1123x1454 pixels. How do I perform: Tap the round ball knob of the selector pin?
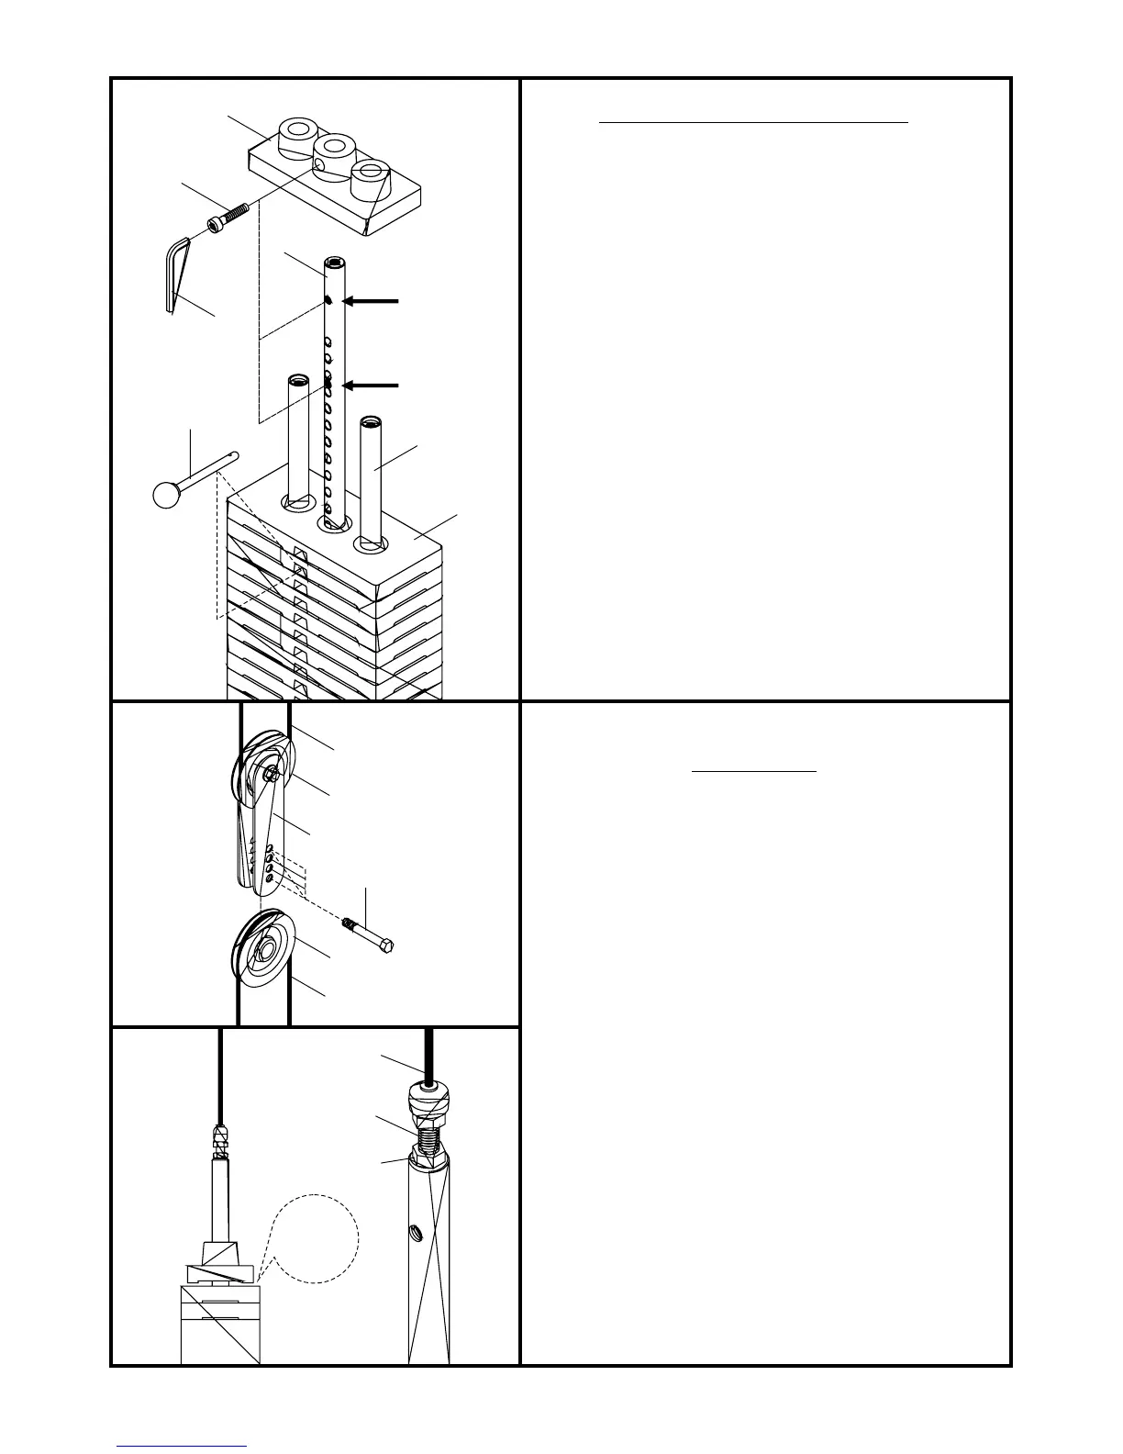click(166, 494)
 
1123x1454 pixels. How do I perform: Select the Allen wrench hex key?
click(175, 272)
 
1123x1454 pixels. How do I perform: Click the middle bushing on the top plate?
click(333, 147)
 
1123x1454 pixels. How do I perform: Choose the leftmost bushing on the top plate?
click(297, 129)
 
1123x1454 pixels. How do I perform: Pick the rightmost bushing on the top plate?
click(372, 172)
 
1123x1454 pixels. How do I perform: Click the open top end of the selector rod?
click(336, 263)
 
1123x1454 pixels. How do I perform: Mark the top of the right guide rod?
click(369, 421)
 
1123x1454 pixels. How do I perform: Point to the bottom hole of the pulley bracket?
click(268, 879)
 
